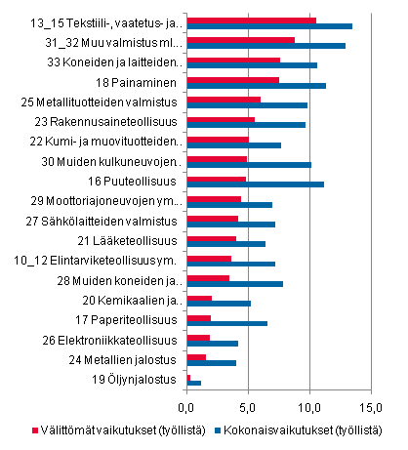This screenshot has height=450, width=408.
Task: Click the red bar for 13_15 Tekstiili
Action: click(251, 20)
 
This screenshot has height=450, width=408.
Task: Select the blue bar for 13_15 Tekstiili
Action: click(269, 27)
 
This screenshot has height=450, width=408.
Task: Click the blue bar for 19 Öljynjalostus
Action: click(193, 383)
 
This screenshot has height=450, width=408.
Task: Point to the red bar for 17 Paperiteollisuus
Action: click(198, 317)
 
